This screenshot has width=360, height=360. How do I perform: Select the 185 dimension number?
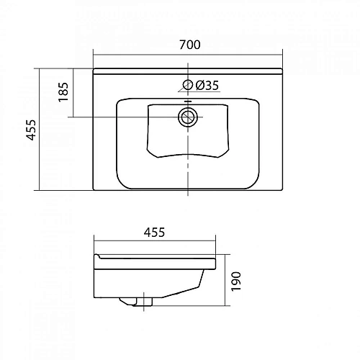(63, 91)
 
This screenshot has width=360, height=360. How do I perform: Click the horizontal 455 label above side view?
(153, 232)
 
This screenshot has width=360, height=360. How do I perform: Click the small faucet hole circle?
(188, 86)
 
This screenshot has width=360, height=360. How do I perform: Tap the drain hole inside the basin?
(188, 117)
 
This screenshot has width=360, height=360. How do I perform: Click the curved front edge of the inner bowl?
(188, 152)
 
